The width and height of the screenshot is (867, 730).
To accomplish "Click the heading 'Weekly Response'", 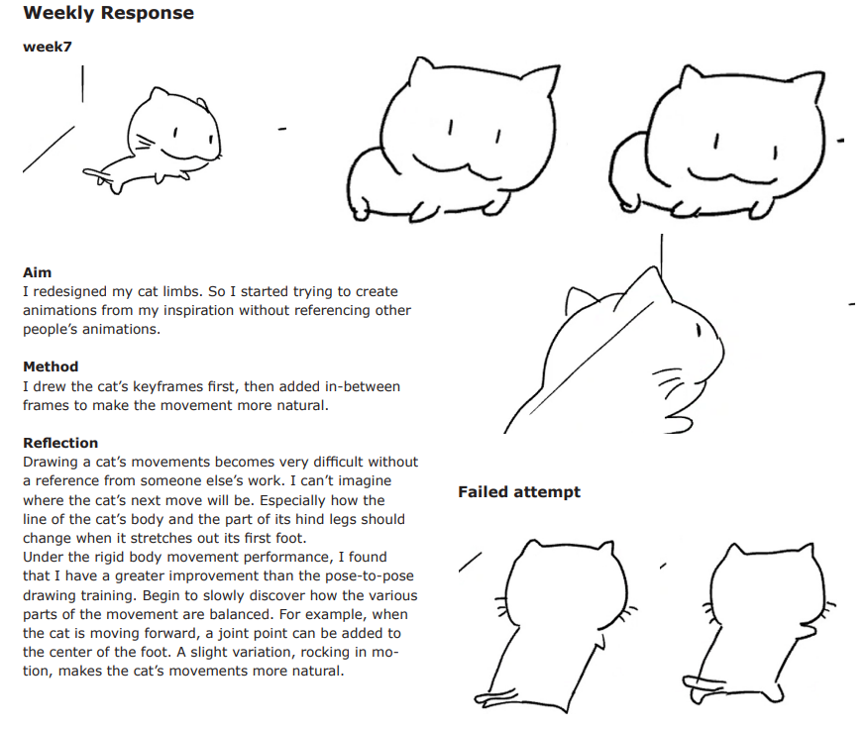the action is pos(108,13).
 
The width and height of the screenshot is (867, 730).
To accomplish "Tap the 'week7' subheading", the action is pos(48,47).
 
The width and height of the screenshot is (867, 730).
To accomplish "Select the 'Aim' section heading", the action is pos(37,272).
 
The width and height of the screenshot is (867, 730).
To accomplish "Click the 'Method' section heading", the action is pos(51,366).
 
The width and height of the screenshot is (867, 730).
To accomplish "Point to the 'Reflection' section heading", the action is pos(60,443).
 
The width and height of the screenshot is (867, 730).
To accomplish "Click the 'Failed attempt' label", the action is pos(519,492).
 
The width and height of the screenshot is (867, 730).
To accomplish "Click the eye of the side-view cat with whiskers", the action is pos(699,330).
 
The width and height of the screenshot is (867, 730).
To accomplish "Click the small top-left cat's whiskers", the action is pos(145,143).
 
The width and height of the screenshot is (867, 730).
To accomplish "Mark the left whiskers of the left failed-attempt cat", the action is pos(501,607).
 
